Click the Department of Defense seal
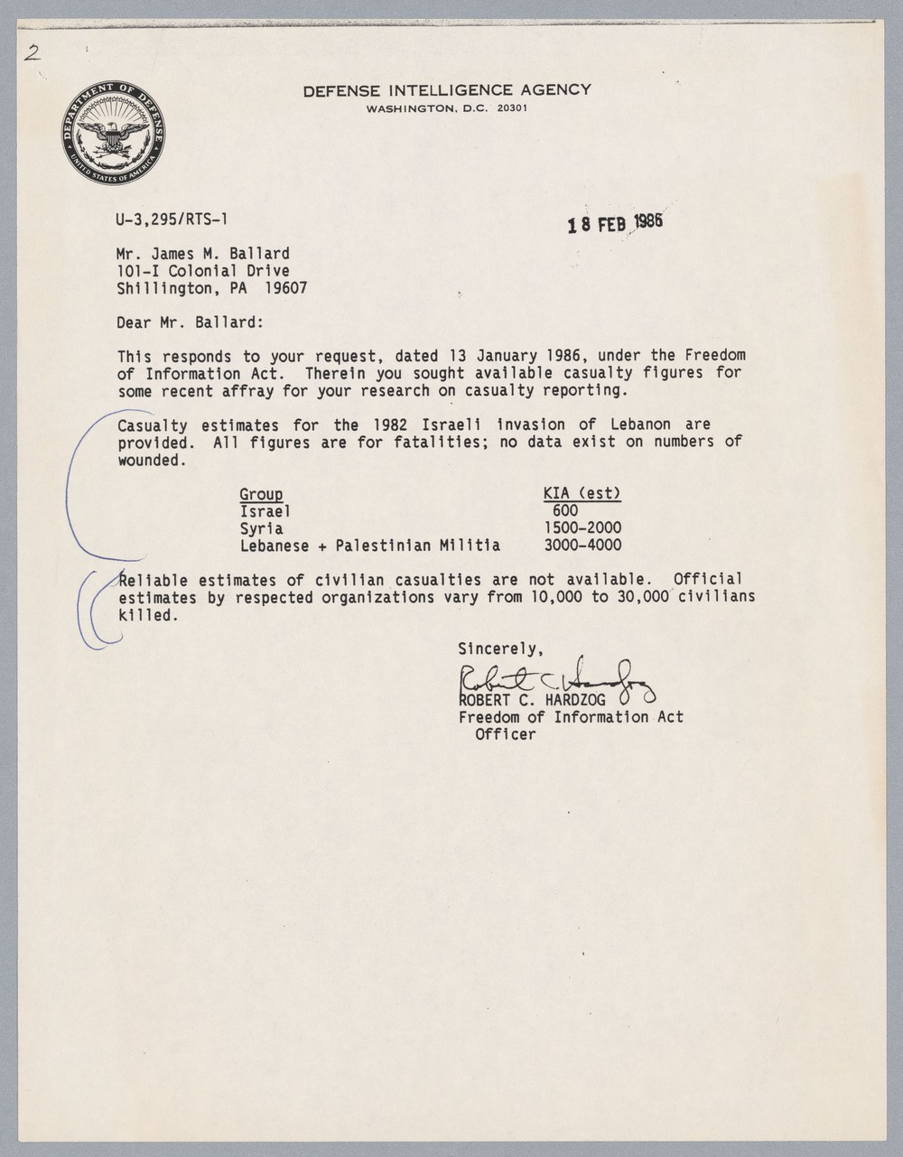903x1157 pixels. coord(115,132)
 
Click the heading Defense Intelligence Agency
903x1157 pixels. coord(447,89)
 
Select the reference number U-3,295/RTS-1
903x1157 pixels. coord(165,219)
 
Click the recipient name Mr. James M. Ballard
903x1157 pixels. coord(203,254)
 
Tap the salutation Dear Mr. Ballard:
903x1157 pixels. coord(190,322)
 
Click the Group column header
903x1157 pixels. coord(261,494)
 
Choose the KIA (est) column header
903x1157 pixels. coord(582,493)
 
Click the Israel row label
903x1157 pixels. coord(265,511)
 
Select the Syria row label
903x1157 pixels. coord(261,528)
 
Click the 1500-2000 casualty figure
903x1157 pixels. coord(582,528)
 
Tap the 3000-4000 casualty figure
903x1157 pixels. coord(582,546)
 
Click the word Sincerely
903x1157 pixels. coord(500,648)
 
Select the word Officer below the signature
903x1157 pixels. coord(506,734)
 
